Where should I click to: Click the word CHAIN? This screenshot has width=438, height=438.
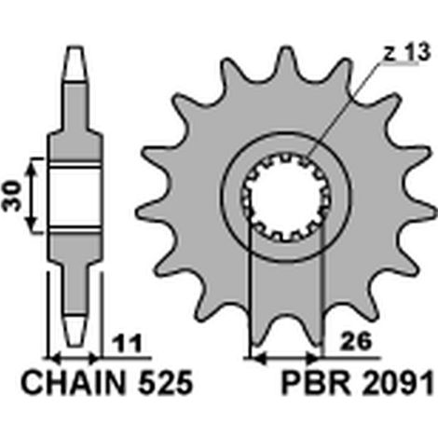pos(74,383)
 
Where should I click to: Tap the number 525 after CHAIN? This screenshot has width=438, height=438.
pos(166,383)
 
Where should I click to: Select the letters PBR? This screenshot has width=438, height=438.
pos(317,383)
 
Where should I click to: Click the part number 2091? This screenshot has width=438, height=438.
pos(398,383)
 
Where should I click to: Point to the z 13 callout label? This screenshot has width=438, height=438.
pos(406,52)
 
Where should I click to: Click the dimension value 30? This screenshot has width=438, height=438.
pos(12,197)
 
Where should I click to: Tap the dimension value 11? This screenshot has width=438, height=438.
pos(127,344)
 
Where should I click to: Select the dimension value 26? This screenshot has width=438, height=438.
pos(356,341)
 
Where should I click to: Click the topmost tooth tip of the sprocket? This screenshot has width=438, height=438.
pos(285,49)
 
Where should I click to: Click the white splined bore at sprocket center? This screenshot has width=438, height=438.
pos(286,197)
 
